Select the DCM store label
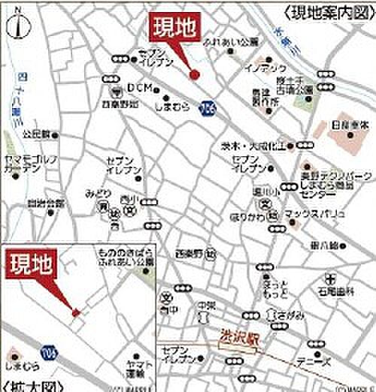pos(139,88)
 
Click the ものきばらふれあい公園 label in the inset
pos(124,259)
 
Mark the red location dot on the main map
pos(194,74)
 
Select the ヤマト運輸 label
pos(135,367)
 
